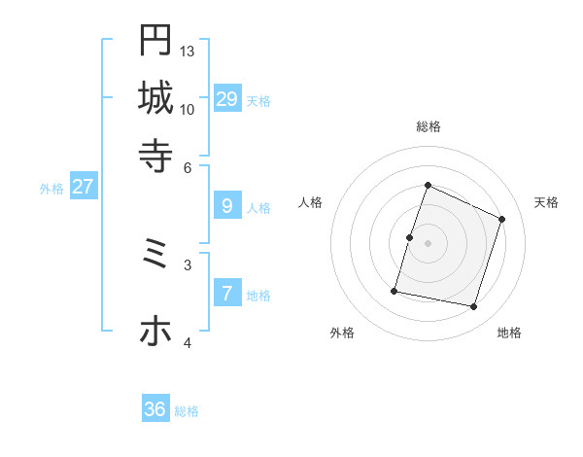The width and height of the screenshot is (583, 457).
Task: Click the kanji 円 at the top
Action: click(x=155, y=40)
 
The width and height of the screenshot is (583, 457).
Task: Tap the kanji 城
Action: click(x=155, y=97)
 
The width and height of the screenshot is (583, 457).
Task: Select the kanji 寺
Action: click(x=155, y=155)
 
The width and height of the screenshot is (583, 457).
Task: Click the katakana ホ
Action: click(x=155, y=332)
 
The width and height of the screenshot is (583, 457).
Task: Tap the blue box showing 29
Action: click(x=227, y=99)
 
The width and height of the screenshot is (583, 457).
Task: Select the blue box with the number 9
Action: click(x=227, y=206)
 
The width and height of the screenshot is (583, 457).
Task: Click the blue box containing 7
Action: click(x=227, y=294)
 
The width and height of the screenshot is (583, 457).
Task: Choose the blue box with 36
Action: click(x=155, y=409)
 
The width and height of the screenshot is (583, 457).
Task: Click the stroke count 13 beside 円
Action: click(x=188, y=51)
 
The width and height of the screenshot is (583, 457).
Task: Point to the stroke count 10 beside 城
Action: click(x=188, y=109)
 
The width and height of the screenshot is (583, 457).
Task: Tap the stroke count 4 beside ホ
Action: click(x=188, y=342)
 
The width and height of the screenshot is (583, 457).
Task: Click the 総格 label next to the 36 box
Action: click(x=187, y=411)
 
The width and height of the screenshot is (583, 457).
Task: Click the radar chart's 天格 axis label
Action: click(x=546, y=202)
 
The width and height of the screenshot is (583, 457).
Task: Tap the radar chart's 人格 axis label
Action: click(x=310, y=202)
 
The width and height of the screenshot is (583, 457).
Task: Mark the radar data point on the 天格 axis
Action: click(x=502, y=219)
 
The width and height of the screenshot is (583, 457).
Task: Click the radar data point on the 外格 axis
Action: click(x=394, y=291)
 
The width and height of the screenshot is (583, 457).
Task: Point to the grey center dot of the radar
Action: click(x=428, y=243)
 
